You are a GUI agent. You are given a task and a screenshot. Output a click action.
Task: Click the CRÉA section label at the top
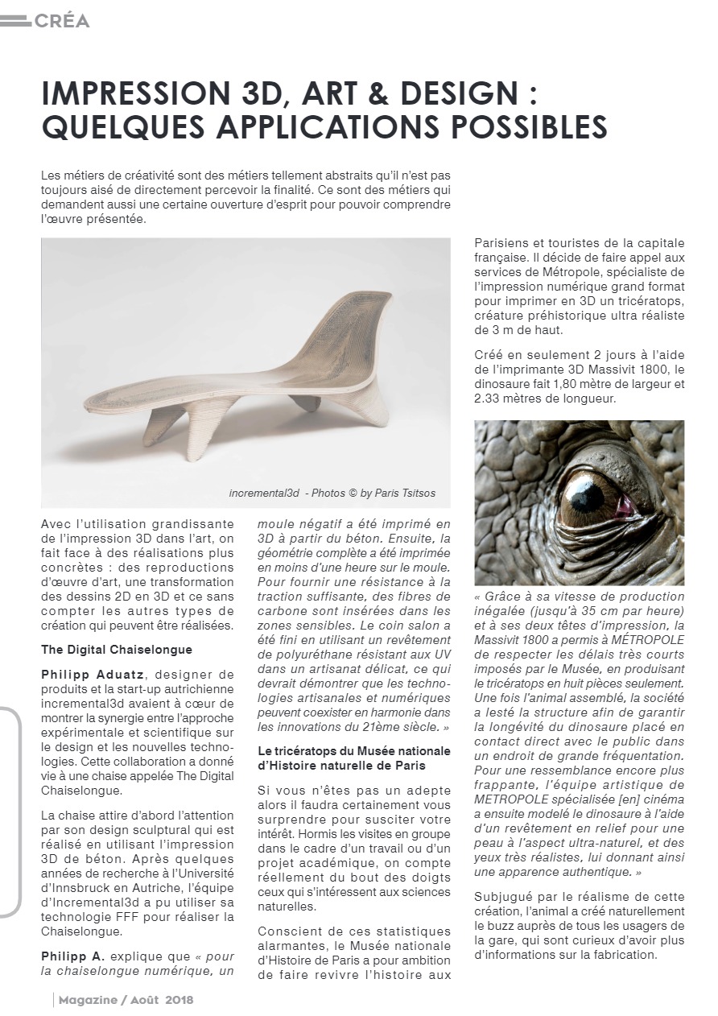coord(61,21)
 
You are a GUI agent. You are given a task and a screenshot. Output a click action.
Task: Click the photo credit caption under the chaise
coord(332,493)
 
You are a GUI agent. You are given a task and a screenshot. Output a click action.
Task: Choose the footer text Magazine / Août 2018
coord(126,1000)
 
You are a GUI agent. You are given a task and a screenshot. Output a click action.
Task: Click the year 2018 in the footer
coord(179,1000)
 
